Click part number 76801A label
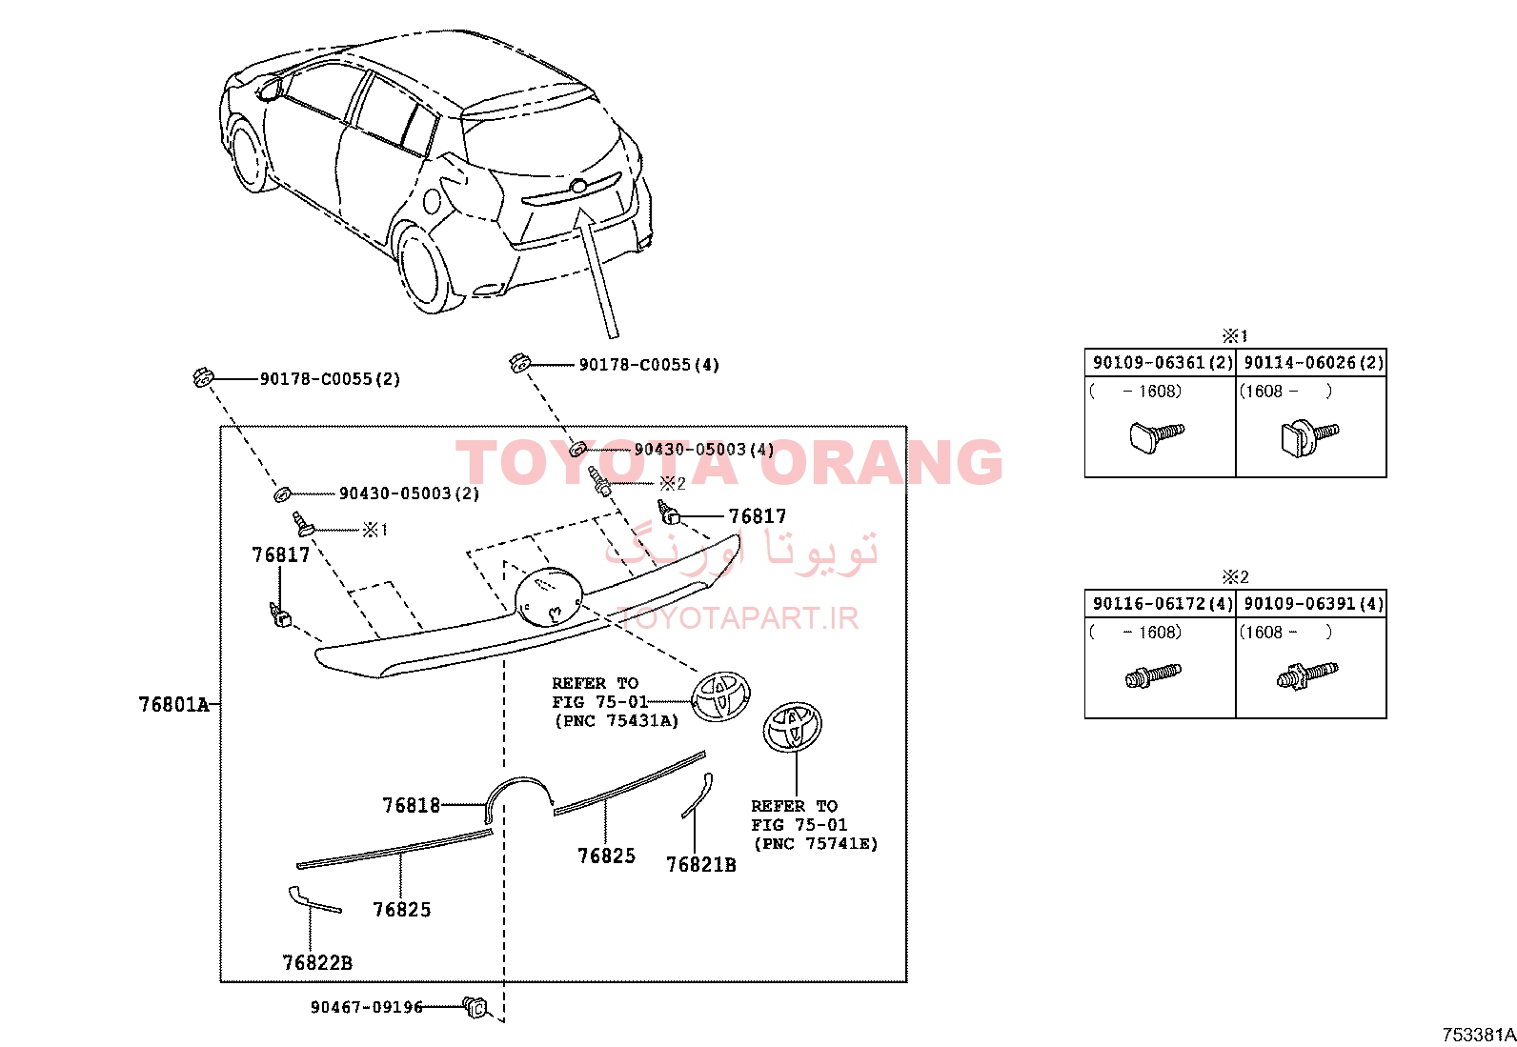(174, 704)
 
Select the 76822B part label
(317, 962)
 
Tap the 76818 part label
(411, 805)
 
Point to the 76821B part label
(701, 865)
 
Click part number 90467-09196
(366, 1007)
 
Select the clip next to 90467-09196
(475, 1008)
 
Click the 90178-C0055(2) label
(331, 379)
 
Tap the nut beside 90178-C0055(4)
(519, 363)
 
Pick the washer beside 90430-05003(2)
(282, 493)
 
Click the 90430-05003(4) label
(703, 450)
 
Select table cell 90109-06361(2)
(1161, 363)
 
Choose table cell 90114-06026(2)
(1311, 363)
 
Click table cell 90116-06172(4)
(1161, 604)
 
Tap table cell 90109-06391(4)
(1311, 604)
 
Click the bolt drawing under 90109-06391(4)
(1306, 675)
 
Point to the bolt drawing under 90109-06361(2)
(1156, 436)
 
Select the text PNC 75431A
(617, 721)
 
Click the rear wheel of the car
(425, 269)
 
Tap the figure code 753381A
(1478, 1035)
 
